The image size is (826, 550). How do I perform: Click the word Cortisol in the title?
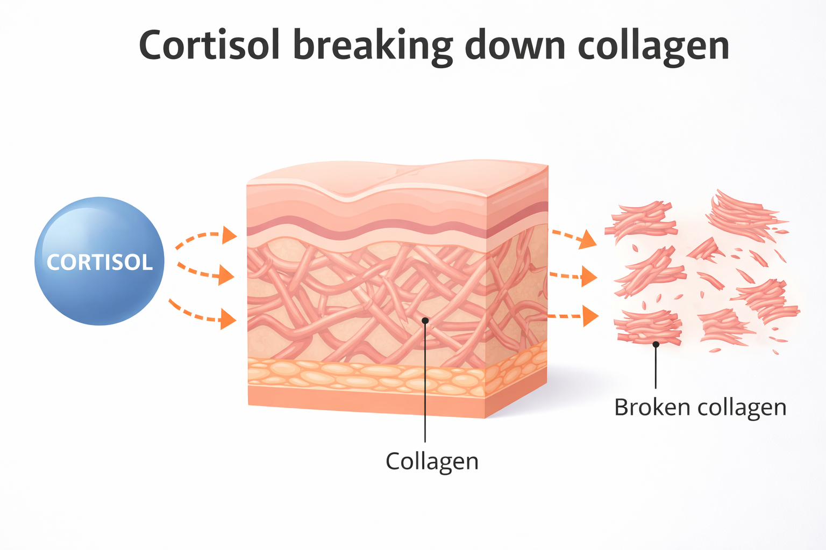click(x=210, y=45)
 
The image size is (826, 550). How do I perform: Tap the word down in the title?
click(x=515, y=45)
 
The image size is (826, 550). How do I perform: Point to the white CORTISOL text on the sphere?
click(x=99, y=263)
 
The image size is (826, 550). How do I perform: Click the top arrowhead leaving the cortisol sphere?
click(x=230, y=235)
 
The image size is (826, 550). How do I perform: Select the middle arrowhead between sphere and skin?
click(x=227, y=276)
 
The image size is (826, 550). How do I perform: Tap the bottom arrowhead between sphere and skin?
click(x=229, y=320)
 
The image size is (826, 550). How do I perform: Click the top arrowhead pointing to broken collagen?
click(x=588, y=239)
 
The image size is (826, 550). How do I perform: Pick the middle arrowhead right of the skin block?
click(x=589, y=277)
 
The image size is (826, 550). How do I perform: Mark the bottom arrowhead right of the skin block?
click(x=590, y=316)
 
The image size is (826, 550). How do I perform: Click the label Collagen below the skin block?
click(x=432, y=461)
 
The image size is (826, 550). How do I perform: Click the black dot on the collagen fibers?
click(x=425, y=321)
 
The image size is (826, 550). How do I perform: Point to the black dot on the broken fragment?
click(x=656, y=344)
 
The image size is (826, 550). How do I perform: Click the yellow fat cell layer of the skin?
click(x=366, y=374)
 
